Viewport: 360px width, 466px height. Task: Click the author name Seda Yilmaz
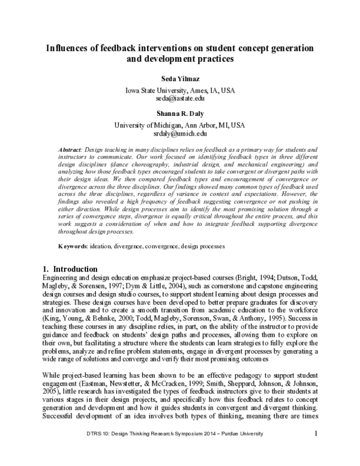pyautogui.click(x=179, y=78)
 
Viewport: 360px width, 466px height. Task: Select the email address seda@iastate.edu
pyautogui.click(x=179, y=97)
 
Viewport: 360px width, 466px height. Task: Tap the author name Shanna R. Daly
pyautogui.click(x=179, y=112)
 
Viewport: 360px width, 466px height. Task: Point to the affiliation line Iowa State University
pyautogui.click(x=179, y=89)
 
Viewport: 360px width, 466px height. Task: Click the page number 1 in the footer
pyautogui.click(x=315, y=450)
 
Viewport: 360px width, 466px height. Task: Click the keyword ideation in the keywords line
pyautogui.click(x=118, y=246)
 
